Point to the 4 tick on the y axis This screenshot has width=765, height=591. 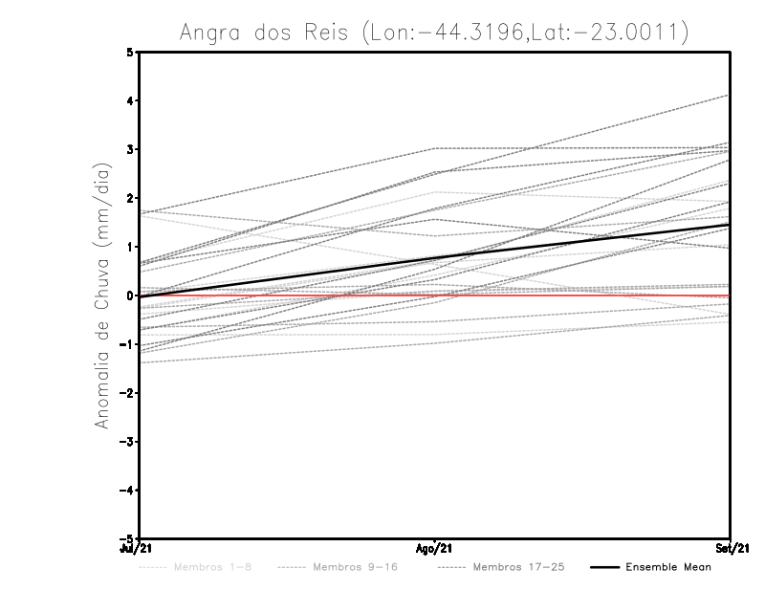(x=130, y=101)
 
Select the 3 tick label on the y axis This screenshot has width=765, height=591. (x=130, y=150)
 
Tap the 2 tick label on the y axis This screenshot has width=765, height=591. (x=130, y=199)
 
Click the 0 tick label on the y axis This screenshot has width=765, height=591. (x=130, y=296)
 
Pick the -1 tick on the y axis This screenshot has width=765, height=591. (x=128, y=345)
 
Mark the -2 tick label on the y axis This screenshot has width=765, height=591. (x=128, y=394)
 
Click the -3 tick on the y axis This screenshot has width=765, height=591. (x=128, y=443)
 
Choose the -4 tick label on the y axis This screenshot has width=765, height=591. (x=128, y=492)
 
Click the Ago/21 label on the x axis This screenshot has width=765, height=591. (x=435, y=549)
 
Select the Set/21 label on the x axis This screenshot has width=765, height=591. (x=730, y=549)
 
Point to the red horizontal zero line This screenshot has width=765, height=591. (x=574, y=296)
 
